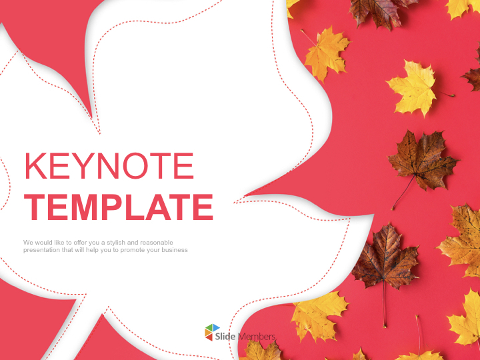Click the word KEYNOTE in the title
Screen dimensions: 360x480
(109, 167)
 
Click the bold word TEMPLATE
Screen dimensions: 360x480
(119, 207)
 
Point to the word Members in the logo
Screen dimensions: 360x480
(257, 337)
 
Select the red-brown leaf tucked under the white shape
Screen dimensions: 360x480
(384, 257)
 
